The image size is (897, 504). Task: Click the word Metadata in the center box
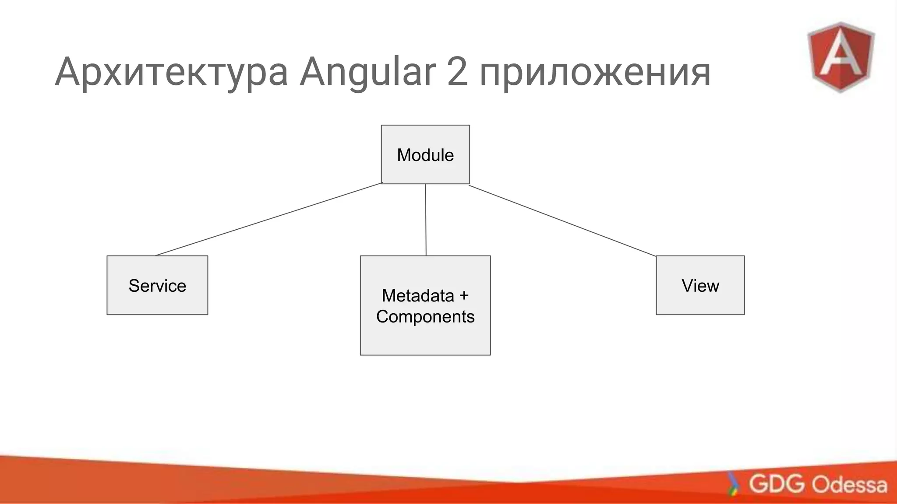click(417, 296)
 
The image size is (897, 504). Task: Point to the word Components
click(425, 317)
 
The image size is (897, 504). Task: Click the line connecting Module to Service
click(268, 219)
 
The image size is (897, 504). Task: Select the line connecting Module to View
click(562, 221)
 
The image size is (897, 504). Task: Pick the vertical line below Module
click(426, 220)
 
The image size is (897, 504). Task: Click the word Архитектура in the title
click(171, 72)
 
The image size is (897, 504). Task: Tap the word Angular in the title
click(367, 72)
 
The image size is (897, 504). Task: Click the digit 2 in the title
click(457, 72)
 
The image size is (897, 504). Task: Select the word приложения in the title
click(595, 72)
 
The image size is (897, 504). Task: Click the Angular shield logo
click(840, 57)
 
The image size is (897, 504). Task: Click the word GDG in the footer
click(777, 484)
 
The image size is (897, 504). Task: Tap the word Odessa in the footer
click(849, 485)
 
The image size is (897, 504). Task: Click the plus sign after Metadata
click(464, 296)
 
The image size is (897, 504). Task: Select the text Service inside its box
click(157, 286)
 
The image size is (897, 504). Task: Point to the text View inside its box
click(700, 286)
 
